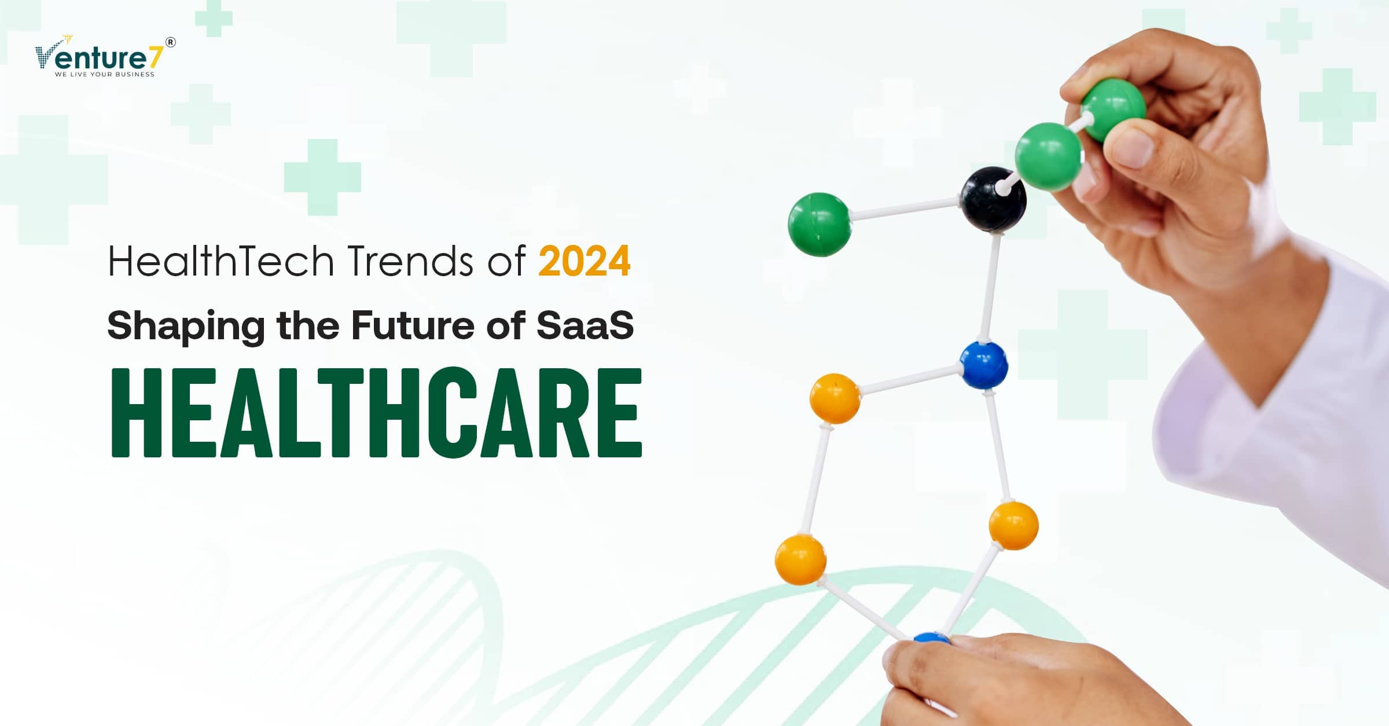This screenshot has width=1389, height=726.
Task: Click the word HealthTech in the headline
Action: pyautogui.click(x=221, y=261)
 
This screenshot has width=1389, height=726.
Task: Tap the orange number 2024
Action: pyautogui.click(x=585, y=261)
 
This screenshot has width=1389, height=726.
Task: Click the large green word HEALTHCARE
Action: pyautogui.click(x=376, y=412)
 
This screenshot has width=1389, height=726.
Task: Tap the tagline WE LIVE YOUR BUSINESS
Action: pyautogui.click(x=105, y=74)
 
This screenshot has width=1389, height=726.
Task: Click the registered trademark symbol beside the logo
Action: pyautogui.click(x=171, y=42)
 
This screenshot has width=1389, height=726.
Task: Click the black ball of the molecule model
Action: pyautogui.click(x=994, y=200)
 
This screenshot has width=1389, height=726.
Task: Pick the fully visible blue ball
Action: pyautogui.click(x=984, y=365)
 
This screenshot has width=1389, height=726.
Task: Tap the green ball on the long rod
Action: pyautogui.click(x=820, y=224)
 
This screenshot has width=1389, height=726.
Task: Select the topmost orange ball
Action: pyautogui.click(x=835, y=398)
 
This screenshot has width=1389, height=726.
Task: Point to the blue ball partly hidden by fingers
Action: pyautogui.click(x=932, y=638)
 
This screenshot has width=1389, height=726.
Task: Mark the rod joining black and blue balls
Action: pyautogui.click(x=989, y=287)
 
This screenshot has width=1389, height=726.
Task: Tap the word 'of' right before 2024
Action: pyautogui.click(x=506, y=261)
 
